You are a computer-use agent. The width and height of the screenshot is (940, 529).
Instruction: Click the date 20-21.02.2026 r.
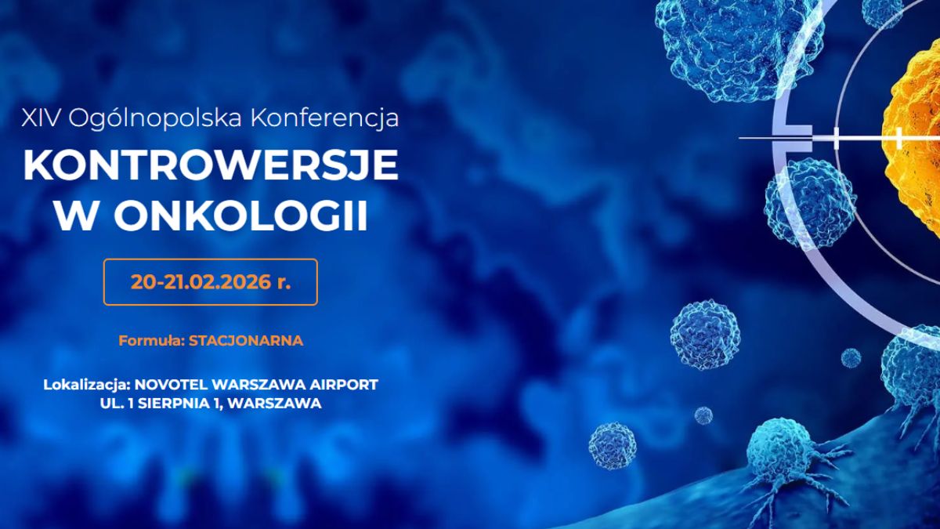click(211, 282)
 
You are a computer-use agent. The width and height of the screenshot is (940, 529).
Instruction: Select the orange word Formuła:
click(152, 341)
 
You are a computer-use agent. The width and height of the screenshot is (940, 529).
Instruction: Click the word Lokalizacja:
click(87, 386)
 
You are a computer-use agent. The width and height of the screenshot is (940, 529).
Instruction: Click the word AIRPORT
click(347, 386)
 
